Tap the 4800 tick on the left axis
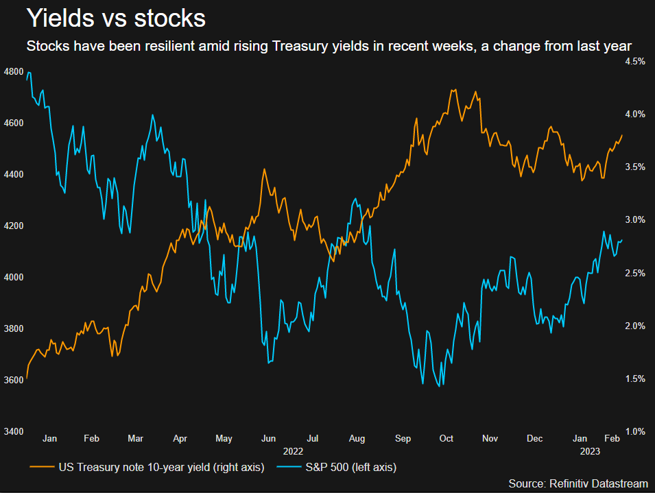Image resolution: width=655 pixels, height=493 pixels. [x=14, y=72]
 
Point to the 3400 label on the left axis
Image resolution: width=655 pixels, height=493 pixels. [x=14, y=431]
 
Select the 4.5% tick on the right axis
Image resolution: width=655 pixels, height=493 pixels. [x=634, y=62]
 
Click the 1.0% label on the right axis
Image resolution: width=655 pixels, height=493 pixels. [x=634, y=431]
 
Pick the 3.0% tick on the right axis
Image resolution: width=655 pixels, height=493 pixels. [x=634, y=220]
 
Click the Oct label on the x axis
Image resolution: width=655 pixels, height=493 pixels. [x=446, y=437]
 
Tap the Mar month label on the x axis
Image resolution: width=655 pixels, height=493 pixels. [x=136, y=437]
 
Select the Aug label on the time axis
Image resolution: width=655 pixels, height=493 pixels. [x=357, y=437]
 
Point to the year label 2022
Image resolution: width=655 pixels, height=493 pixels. [x=293, y=451]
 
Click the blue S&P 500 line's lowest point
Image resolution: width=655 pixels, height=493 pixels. [x=439, y=385]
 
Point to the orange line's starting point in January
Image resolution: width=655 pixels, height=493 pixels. [x=26, y=378]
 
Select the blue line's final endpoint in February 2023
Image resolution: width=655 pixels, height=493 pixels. [x=623, y=240]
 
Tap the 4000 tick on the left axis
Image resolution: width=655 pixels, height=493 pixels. [x=14, y=278]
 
